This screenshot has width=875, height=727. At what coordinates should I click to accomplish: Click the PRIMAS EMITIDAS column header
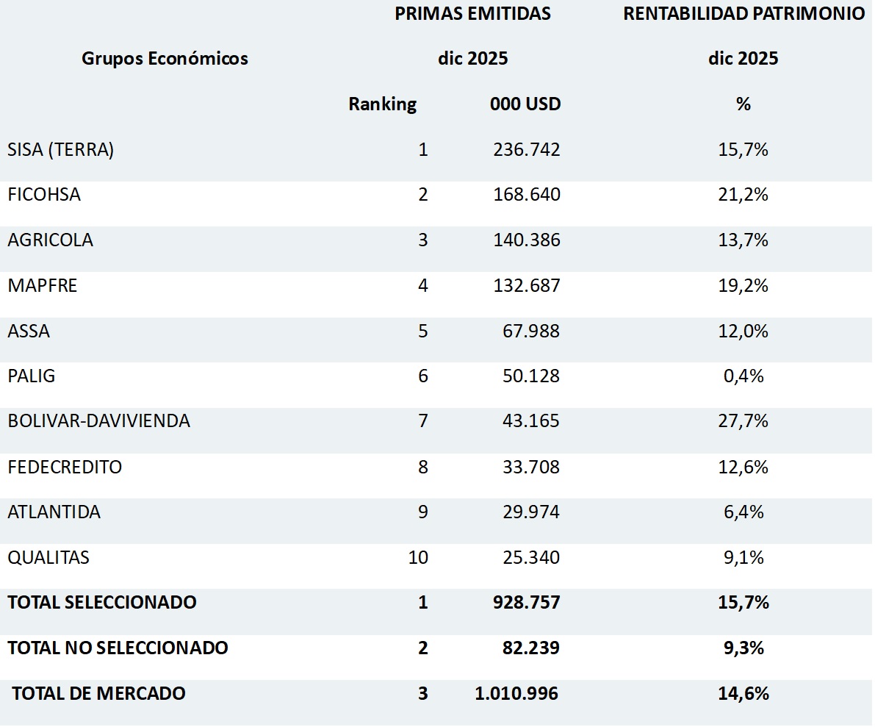[472, 14]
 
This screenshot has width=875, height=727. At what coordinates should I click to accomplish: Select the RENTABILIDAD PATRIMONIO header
[743, 14]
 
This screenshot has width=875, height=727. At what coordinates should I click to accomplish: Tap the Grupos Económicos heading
[165, 59]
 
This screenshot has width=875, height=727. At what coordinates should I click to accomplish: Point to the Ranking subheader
[382, 104]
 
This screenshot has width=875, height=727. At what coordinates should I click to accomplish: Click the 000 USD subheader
[525, 104]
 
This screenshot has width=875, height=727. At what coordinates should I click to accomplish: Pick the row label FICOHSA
[44, 195]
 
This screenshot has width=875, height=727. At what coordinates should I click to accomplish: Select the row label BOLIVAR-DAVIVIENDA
[98, 421]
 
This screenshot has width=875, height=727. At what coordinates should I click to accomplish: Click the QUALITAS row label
[48, 557]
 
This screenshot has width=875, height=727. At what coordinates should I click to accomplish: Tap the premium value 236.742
[526, 150]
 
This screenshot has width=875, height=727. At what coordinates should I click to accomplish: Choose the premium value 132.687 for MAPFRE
[526, 285]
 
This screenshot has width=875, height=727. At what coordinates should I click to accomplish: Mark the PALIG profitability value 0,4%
[743, 376]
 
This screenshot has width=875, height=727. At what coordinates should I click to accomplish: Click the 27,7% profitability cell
[743, 421]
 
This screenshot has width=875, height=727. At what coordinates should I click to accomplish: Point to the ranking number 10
[418, 557]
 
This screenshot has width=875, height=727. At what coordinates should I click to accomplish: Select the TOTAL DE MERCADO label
[98, 693]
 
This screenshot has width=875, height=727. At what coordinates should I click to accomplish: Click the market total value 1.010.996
[516, 693]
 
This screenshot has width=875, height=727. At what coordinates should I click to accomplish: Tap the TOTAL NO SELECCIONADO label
[118, 648]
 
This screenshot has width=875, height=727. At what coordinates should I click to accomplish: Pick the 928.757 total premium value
[526, 603]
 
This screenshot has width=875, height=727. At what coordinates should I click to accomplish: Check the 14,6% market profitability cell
[743, 693]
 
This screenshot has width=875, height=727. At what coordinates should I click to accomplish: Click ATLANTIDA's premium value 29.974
[526, 512]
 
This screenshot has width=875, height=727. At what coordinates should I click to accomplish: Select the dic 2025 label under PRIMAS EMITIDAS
[472, 59]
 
